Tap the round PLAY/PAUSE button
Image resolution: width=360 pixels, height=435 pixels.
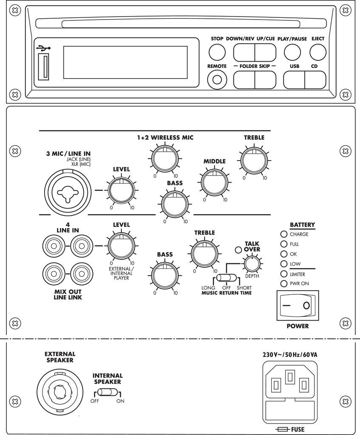[x=292, y=52]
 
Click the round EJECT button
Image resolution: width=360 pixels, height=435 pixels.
[x=318, y=52]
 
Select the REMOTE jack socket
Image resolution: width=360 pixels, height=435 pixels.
[x=217, y=79]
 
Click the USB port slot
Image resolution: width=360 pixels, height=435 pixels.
[x=43, y=66]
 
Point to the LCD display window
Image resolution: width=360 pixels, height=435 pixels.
[x=125, y=62]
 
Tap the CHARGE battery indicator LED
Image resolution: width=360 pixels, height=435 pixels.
[x=284, y=234]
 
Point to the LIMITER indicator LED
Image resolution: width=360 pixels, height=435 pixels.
[x=284, y=274]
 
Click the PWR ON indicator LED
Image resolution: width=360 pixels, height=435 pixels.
[x=284, y=284]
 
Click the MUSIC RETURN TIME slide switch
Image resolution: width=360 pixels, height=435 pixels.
[x=227, y=278]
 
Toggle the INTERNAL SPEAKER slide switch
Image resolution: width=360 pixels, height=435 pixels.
[x=108, y=393]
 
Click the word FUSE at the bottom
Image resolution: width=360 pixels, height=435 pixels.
[x=298, y=429]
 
